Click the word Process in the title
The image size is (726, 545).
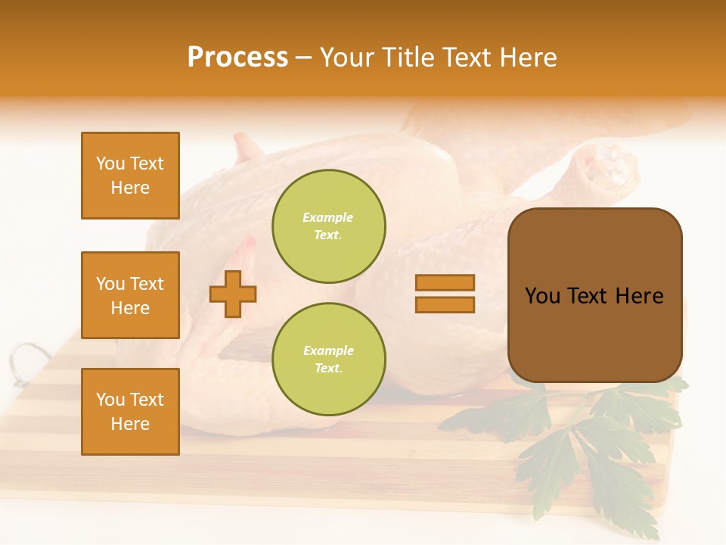pos(237,58)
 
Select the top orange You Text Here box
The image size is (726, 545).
pos(130,176)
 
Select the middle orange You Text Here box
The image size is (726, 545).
pos(130,295)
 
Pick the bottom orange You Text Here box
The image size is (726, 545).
pos(130,412)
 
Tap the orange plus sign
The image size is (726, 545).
pos(233,294)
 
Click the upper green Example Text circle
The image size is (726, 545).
pos(328,226)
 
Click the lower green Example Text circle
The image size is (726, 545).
pos(328,359)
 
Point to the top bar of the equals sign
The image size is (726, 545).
pos(445,282)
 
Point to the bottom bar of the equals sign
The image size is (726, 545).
pos(445,304)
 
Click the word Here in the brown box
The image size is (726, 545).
pos(639,296)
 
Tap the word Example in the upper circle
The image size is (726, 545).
pos(327,217)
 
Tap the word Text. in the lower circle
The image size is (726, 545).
pos(328,369)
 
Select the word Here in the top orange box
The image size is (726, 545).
pos(130,188)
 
